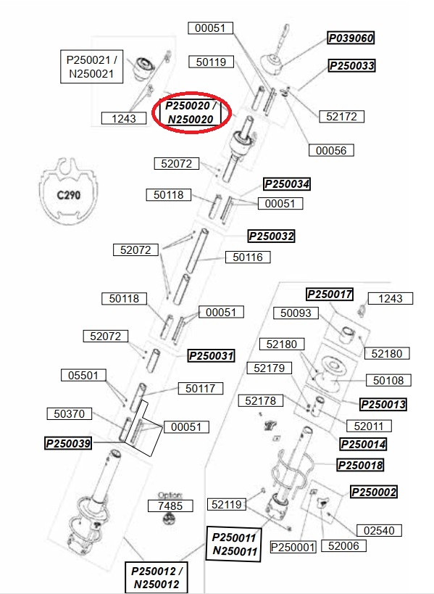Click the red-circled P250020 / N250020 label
191,112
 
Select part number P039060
351,38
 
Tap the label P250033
352,65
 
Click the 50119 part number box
211,62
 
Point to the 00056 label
331,150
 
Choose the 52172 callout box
341,116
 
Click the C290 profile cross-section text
69,196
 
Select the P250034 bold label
287,184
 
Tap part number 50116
248,257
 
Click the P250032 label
271,236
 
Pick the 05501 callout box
83,376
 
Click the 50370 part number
70,413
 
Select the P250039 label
68,443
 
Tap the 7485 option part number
170,506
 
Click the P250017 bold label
330,294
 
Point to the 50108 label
388,380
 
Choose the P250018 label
360,465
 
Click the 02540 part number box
379,530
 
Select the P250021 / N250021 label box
91,67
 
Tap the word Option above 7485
170,495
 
